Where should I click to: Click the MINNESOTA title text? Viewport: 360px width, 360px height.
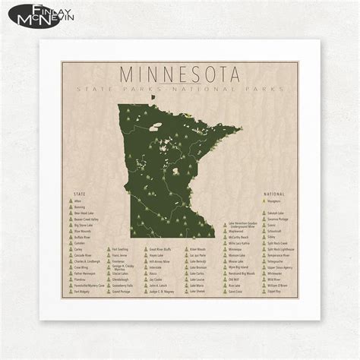179,75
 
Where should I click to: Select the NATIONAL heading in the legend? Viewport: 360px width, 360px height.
275,194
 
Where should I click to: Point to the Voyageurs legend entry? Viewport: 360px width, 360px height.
274,202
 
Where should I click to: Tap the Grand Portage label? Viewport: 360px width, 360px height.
121,291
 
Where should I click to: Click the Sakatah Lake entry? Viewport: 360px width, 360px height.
276,213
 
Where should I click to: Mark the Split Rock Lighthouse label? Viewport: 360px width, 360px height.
280,249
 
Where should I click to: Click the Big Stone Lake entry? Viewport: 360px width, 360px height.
84,226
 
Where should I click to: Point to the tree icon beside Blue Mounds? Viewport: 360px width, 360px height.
70,232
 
